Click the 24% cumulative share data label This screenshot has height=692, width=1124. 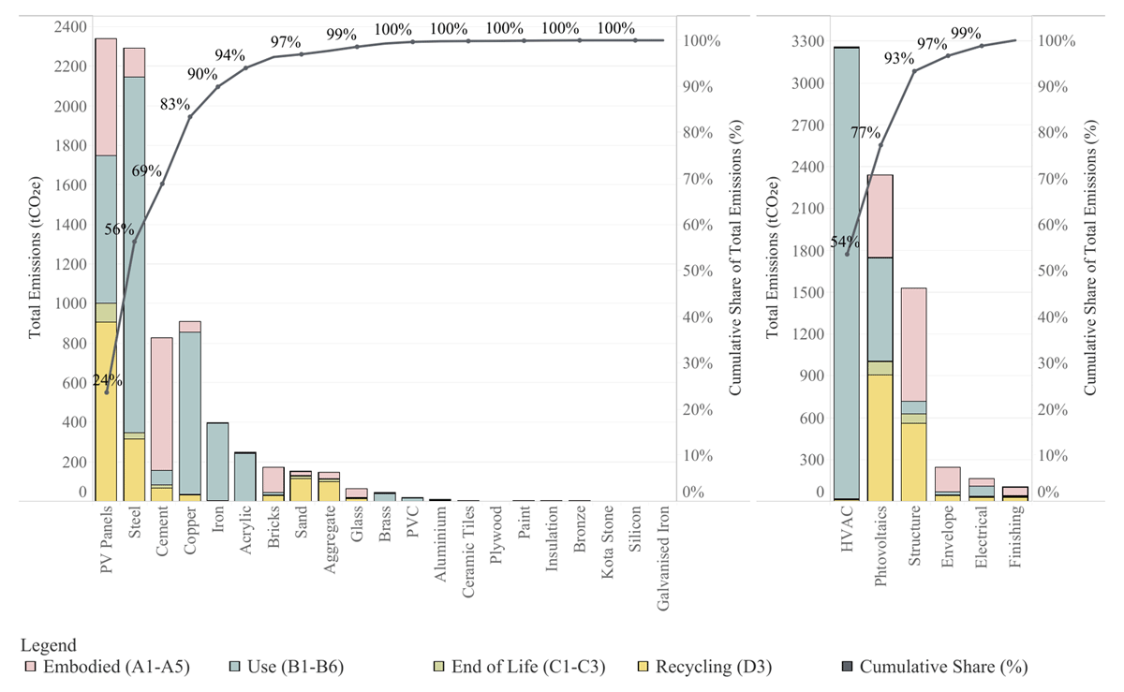pyautogui.click(x=106, y=380)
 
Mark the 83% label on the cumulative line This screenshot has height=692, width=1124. pyautogui.click(x=175, y=105)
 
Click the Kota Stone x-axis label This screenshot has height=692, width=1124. pyautogui.click(x=608, y=542)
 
